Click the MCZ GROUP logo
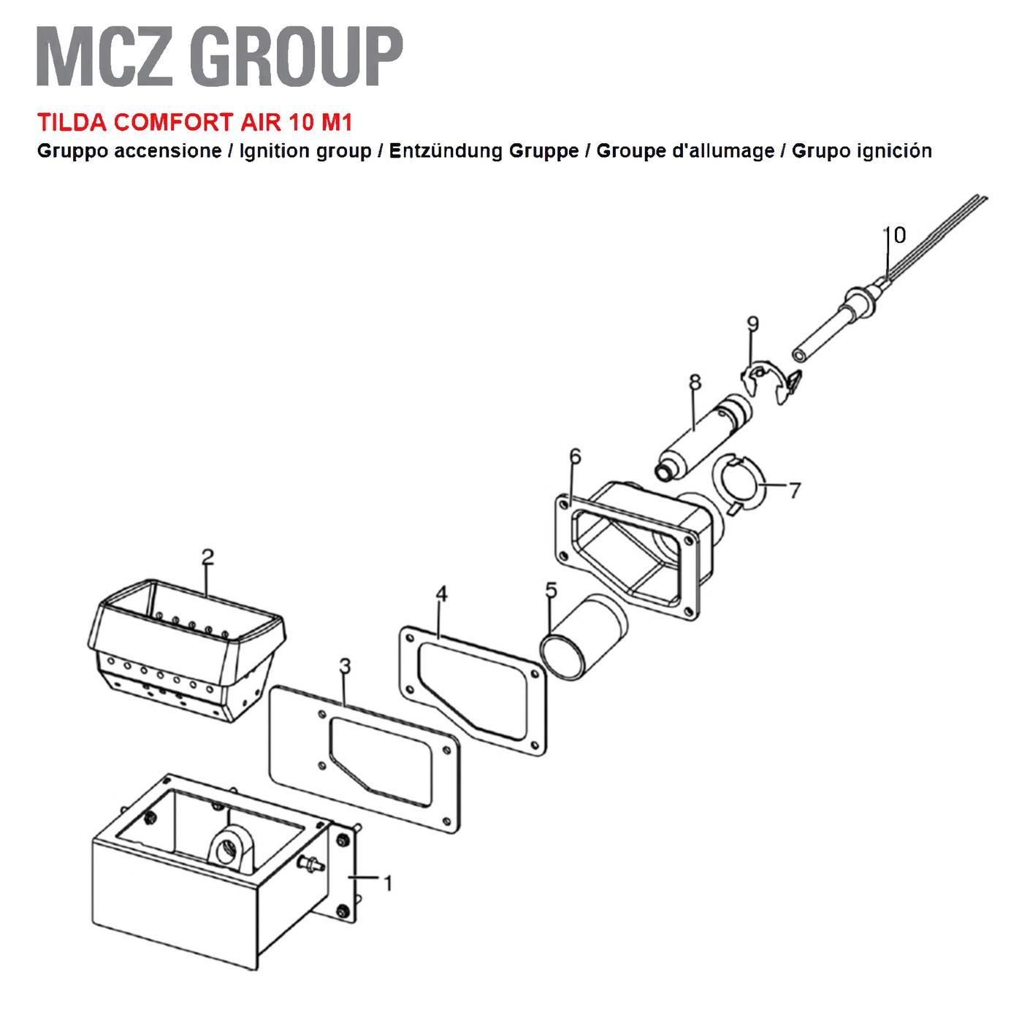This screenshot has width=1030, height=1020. pos(220,57)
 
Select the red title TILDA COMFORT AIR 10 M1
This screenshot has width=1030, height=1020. pos(195,123)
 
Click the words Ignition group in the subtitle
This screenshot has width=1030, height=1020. pos(305,152)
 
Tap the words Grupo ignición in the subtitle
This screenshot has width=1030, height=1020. pos(862,151)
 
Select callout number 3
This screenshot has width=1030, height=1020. pos(346,667)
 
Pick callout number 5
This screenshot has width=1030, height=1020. pos(551,591)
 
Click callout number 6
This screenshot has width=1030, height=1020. pos(575,456)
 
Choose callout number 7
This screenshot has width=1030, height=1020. pos(796,490)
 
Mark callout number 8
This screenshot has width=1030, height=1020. pos(695,382)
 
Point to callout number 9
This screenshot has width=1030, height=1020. pos(752,323)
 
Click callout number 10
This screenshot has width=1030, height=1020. pos(895,235)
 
